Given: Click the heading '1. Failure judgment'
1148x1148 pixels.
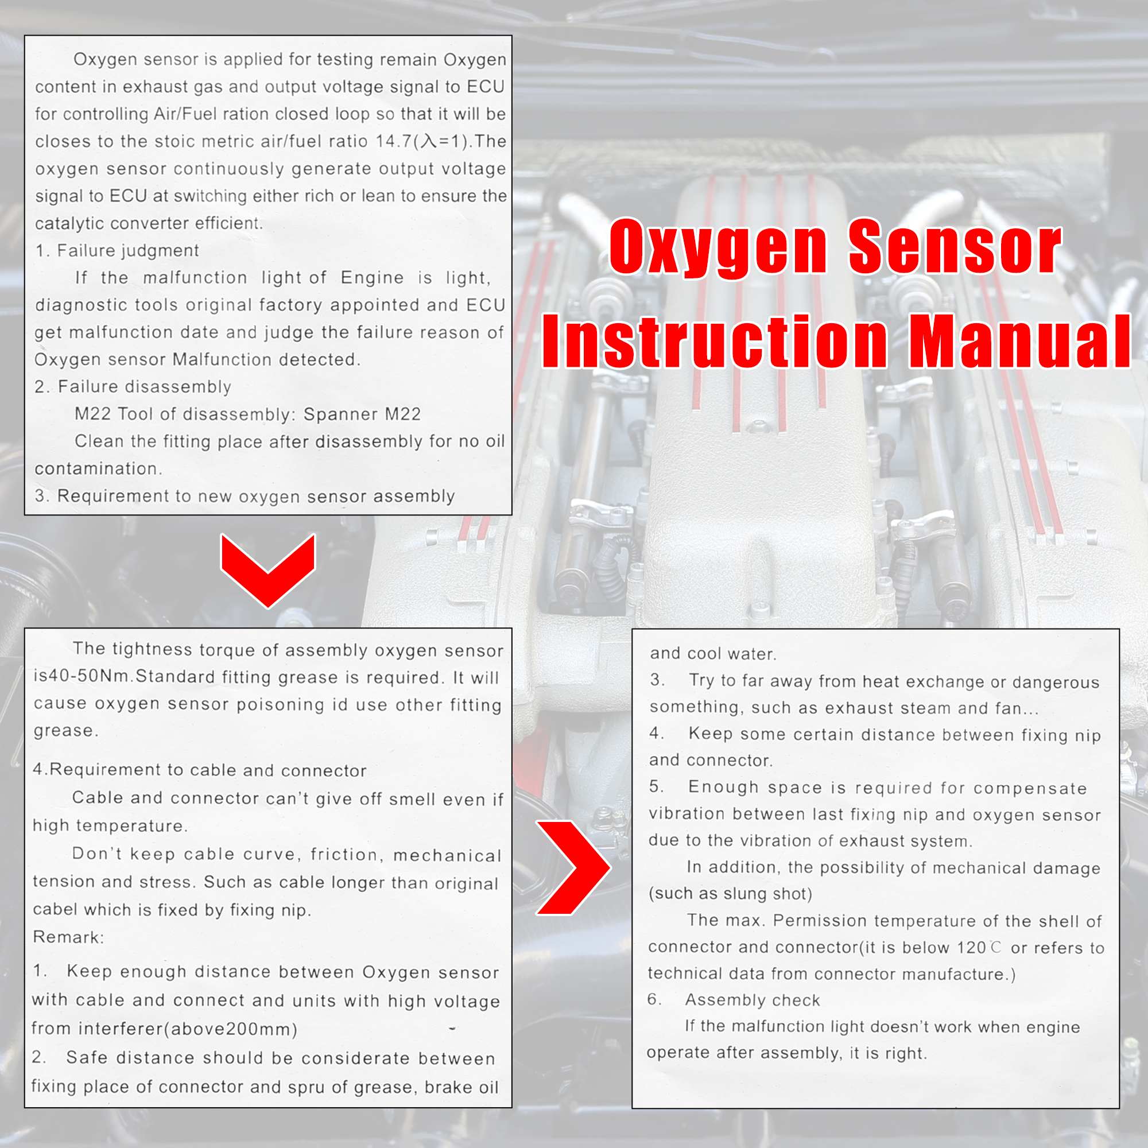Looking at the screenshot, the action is (x=117, y=251).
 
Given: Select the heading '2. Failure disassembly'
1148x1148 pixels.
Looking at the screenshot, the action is (x=133, y=387).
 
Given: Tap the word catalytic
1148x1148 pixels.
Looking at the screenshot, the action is (x=69, y=223).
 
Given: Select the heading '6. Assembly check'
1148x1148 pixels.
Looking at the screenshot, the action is (x=734, y=999).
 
